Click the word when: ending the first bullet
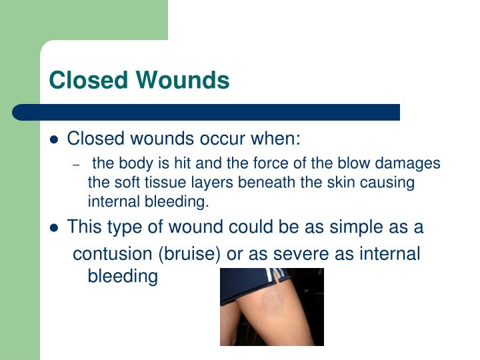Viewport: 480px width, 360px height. (x=275, y=139)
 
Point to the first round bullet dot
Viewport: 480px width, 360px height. (x=55, y=140)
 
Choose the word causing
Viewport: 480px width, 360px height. (x=388, y=182)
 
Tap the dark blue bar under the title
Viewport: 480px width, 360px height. (x=207, y=111)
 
